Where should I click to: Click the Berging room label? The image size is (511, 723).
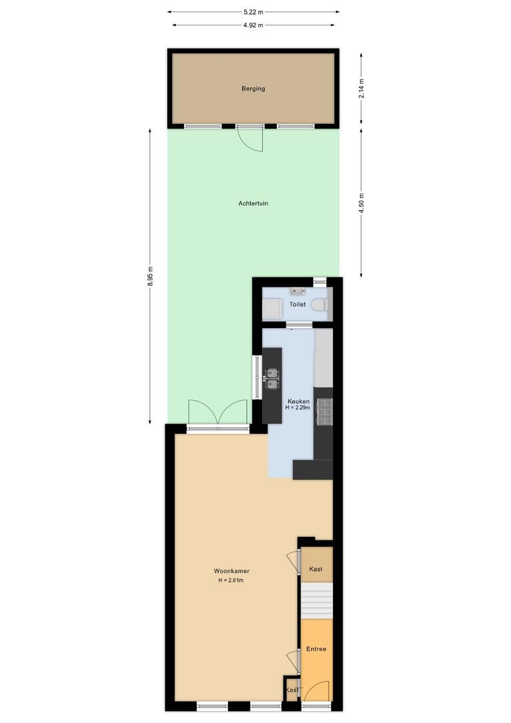[x=253, y=88]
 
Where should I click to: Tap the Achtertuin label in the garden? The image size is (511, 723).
[x=253, y=204]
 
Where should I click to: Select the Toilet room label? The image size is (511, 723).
[x=298, y=305]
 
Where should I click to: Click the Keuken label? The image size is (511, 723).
[x=298, y=400]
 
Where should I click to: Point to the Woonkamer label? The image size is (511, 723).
[x=231, y=571]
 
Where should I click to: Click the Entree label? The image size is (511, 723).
[x=316, y=649]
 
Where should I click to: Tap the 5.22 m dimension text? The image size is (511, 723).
[x=253, y=11]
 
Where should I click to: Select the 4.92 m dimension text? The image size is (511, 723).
[x=253, y=25]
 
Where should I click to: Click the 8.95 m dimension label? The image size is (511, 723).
[x=150, y=276]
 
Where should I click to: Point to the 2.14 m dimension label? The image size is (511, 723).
[x=361, y=89]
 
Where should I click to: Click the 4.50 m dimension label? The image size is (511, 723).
[x=361, y=202]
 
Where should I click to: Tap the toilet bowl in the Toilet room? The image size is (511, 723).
[x=320, y=306]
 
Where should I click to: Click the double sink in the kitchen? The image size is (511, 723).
[x=272, y=379]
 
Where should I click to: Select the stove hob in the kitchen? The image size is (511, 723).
[x=324, y=411]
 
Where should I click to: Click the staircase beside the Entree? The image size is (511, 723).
[x=316, y=600]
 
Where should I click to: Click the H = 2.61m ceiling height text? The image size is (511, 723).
[x=231, y=580]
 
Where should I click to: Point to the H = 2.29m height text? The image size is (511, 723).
[x=298, y=408]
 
